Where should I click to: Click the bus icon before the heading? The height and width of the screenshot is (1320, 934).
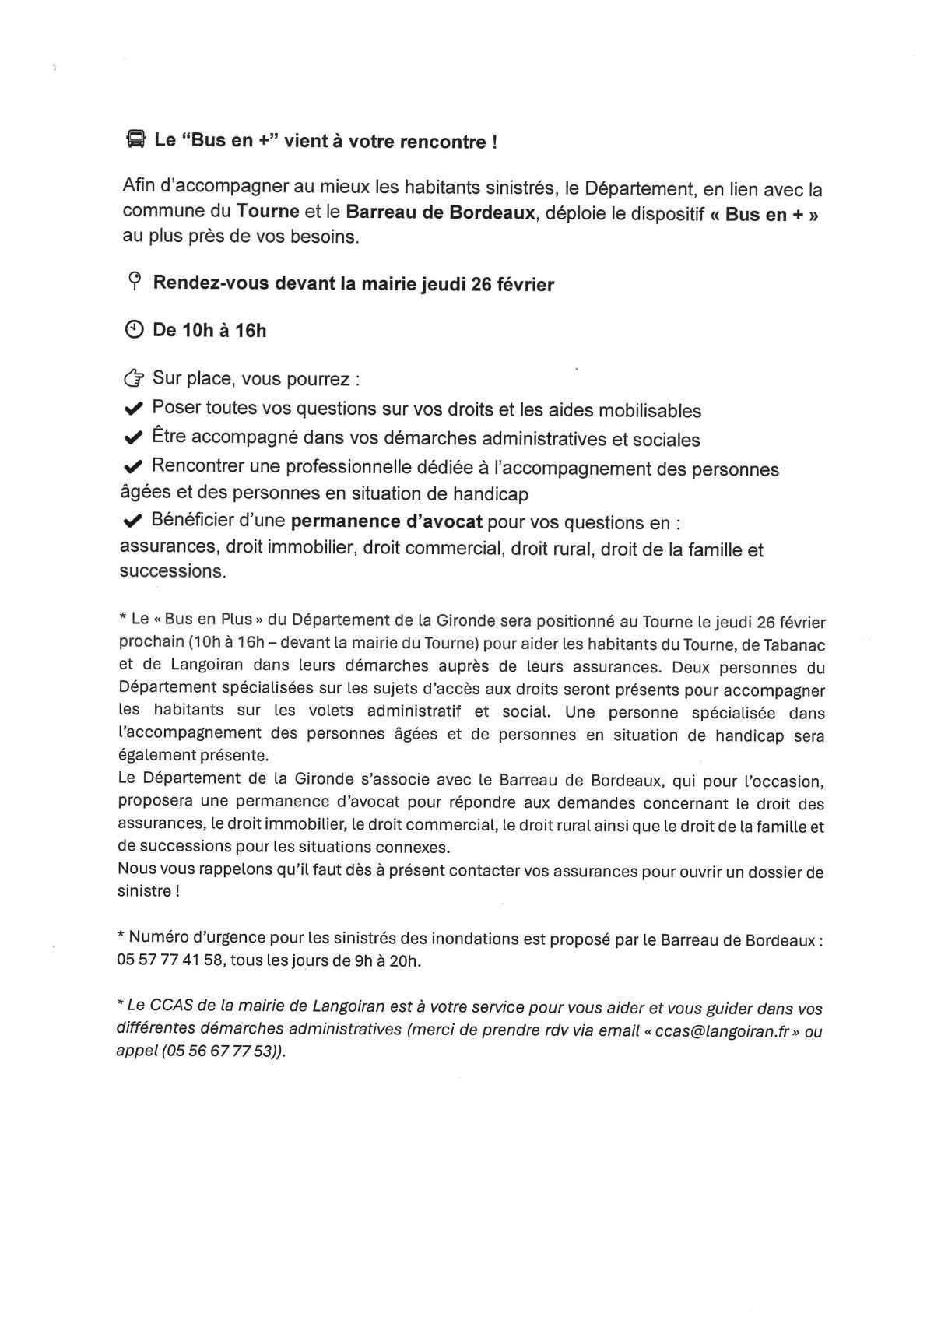click(135, 141)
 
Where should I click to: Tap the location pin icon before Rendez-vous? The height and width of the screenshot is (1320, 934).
click(135, 282)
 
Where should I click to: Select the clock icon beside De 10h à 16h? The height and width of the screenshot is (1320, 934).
click(135, 330)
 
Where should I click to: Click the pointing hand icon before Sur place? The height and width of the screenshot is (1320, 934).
click(134, 380)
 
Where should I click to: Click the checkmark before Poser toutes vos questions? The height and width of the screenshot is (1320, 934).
click(133, 409)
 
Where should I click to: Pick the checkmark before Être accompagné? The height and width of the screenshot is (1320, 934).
click(133, 438)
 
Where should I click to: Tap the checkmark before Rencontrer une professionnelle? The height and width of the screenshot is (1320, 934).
click(133, 467)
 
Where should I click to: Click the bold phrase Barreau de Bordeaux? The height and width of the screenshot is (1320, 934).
click(441, 212)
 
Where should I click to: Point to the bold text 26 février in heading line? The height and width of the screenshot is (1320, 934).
click(512, 284)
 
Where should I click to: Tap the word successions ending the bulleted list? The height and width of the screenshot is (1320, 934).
click(171, 571)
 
